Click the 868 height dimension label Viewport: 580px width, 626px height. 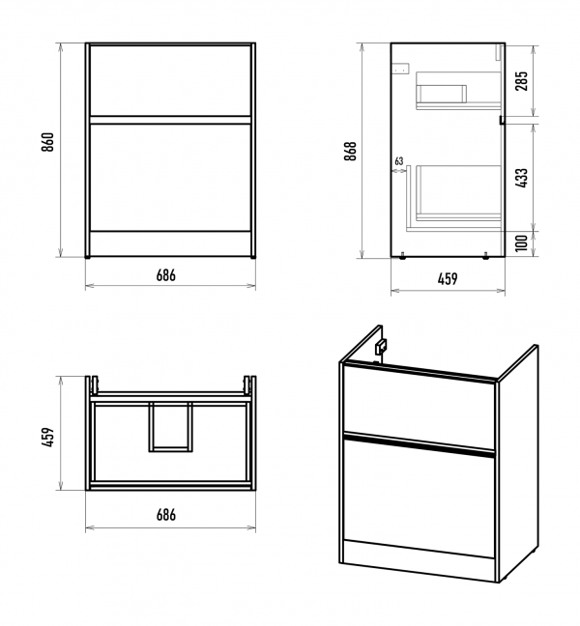[351, 151]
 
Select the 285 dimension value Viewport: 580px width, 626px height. [523, 81]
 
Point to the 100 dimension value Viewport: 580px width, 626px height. [523, 244]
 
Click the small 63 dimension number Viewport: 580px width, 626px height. [398, 161]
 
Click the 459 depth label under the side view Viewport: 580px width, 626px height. [447, 279]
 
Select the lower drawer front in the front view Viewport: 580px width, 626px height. [170, 175]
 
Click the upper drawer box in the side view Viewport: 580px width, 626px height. [443, 94]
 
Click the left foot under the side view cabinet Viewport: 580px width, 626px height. [402, 256]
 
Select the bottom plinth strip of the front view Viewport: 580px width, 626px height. [170, 242]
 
